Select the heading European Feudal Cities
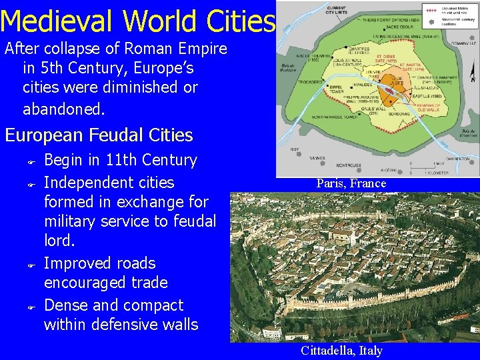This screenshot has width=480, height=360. coord(99,135)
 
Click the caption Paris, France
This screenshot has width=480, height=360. coord(351,183)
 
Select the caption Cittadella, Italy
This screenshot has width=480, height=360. coord(341,351)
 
